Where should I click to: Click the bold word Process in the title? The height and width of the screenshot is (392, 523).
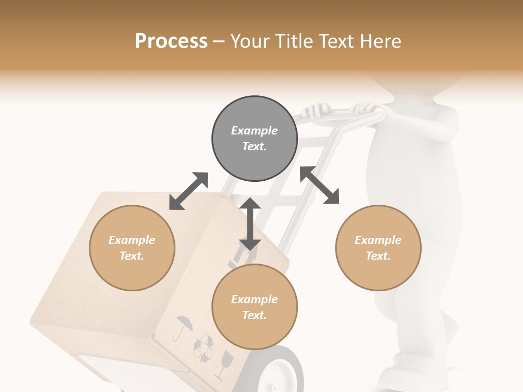click(x=171, y=41)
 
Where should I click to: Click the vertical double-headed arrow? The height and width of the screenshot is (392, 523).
click(x=250, y=224)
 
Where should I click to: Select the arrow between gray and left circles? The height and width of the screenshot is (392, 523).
click(x=188, y=191)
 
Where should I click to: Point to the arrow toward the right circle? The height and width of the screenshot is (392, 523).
click(x=319, y=185)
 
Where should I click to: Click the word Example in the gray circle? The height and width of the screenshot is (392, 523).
click(x=254, y=131)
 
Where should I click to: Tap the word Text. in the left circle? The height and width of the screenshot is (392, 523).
click(x=132, y=256)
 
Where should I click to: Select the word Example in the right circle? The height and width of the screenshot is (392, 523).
click(x=378, y=240)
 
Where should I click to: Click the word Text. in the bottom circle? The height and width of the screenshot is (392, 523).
click(x=254, y=315)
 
